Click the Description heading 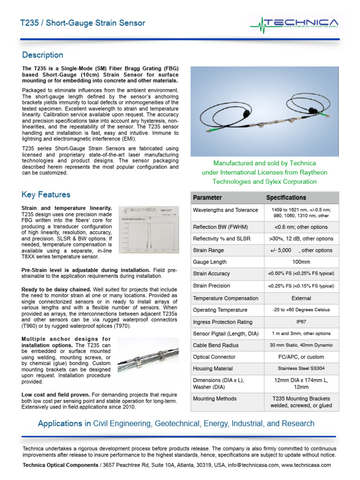[x=42, y=55]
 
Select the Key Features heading [x=46, y=195]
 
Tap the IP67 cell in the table [x=301, y=322]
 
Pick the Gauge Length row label [x=210, y=262]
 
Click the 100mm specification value [x=301, y=262]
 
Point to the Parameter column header [x=207, y=198]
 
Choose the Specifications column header [x=286, y=198]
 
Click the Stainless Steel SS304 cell [x=301, y=369]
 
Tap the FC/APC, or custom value [x=301, y=357]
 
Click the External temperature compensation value [x=301, y=298]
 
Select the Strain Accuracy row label [x=211, y=273]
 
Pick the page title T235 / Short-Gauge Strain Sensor [x=83, y=23]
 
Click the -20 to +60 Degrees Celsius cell [x=301, y=310]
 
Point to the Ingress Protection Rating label [x=223, y=322]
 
